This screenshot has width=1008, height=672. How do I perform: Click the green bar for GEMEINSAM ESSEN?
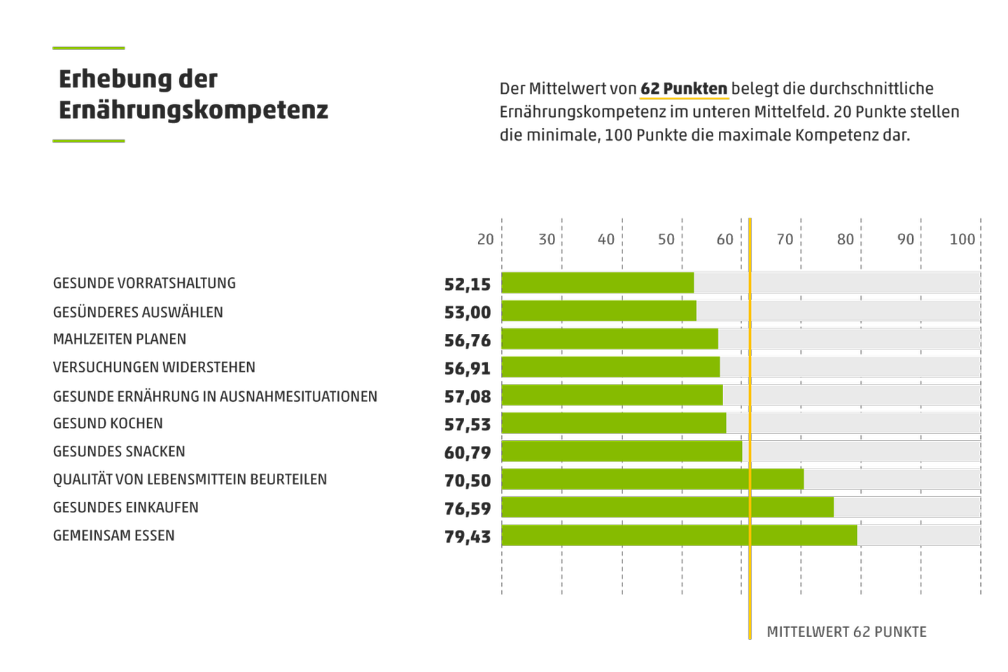pos(679,535)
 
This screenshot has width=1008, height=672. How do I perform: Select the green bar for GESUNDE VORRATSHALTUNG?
pos(598,283)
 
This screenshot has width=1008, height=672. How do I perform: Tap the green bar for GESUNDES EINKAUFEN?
pos(668,507)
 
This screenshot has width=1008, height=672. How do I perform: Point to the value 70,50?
pos(468,480)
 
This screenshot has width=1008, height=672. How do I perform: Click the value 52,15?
pos(468,284)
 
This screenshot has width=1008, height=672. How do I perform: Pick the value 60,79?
pos(468,452)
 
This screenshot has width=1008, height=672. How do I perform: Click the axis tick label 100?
pos(962,239)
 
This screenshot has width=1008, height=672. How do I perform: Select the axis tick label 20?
pos(486,239)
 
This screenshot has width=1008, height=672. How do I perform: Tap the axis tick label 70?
pos(785,239)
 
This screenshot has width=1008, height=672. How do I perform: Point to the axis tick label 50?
pos(666,239)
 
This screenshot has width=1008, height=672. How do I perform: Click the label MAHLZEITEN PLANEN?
pos(120,339)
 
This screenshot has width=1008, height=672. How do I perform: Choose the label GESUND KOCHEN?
pos(108,423)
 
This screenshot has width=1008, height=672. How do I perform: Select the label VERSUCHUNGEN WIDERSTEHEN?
pos(154,367)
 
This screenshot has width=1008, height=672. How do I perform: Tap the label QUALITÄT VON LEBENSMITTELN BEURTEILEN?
pos(190,479)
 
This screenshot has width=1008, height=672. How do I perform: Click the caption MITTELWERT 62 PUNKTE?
pos(846,632)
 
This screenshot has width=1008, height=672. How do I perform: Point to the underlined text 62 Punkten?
pos(684,89)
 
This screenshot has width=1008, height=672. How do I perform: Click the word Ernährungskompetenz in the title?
pos(193,110)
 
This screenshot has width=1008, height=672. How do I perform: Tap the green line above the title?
pos(89,48)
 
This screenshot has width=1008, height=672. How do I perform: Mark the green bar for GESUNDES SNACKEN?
pos(622,451)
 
